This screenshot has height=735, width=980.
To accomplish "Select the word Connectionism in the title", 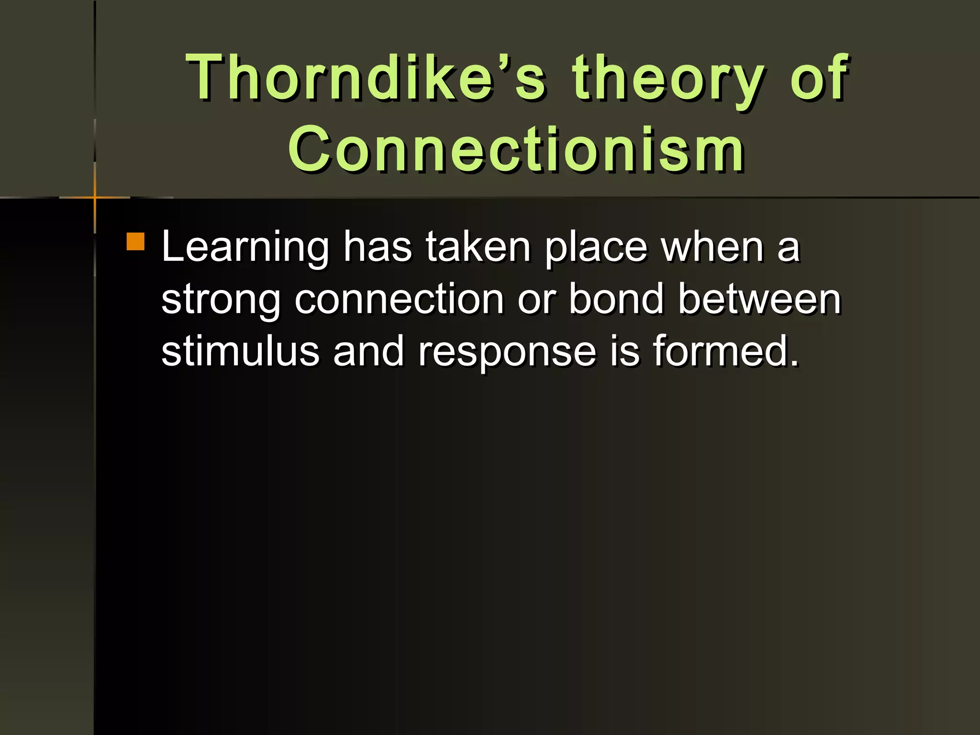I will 516,148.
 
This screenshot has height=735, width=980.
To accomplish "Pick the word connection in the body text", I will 399,299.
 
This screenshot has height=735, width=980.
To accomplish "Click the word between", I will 759,299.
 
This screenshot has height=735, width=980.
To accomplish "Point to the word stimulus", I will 240,351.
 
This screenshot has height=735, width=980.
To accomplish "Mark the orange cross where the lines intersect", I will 95,197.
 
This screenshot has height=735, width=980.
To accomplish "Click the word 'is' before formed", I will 624,351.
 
